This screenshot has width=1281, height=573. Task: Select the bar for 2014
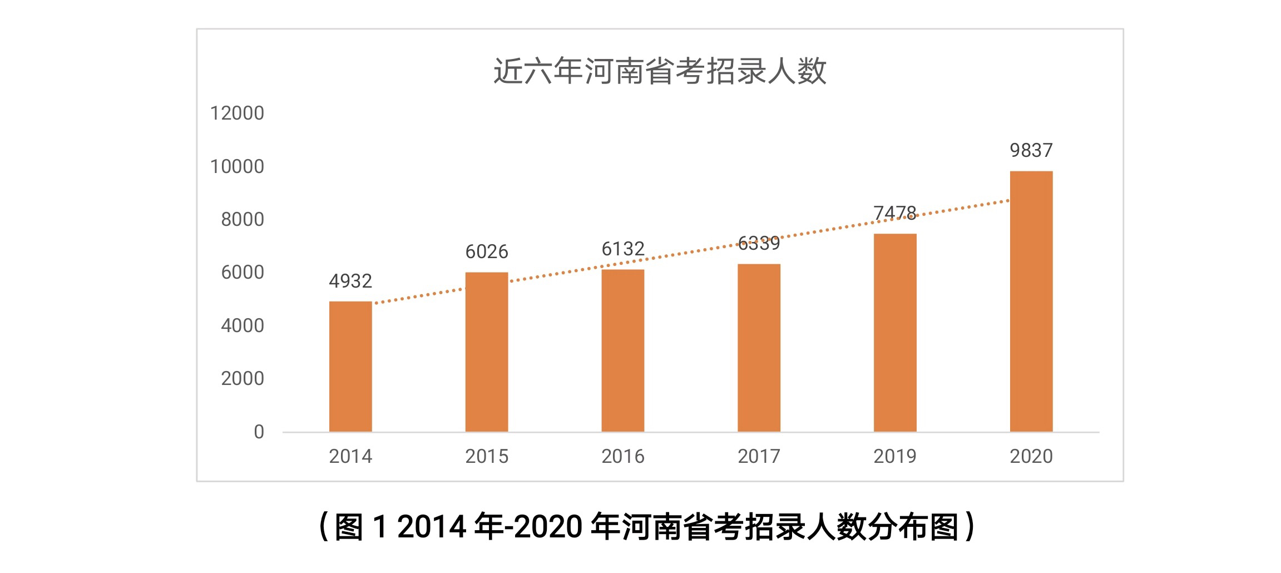tap(350, 367)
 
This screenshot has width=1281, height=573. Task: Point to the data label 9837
tap(1031, 150)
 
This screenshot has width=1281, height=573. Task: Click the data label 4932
tap(350, 281)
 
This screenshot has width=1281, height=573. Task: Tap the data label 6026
tap(487, 252)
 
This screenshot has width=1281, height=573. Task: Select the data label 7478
tap(894, 213)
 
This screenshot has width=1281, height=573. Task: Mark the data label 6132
tap(623, 249)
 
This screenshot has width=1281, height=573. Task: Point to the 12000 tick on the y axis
tap(237, 113)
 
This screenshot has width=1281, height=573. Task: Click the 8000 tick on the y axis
tap(243, 220)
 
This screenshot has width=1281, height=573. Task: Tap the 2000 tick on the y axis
tap(243, 379)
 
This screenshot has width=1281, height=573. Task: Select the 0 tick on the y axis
tap(259, 432)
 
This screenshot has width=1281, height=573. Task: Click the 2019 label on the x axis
tap(894, 457)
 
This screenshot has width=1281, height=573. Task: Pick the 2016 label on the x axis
tap(623, 457)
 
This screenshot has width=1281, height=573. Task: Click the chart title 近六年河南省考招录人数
tap(660, 71)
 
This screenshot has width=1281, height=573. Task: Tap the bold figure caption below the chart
tap(647, 526)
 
